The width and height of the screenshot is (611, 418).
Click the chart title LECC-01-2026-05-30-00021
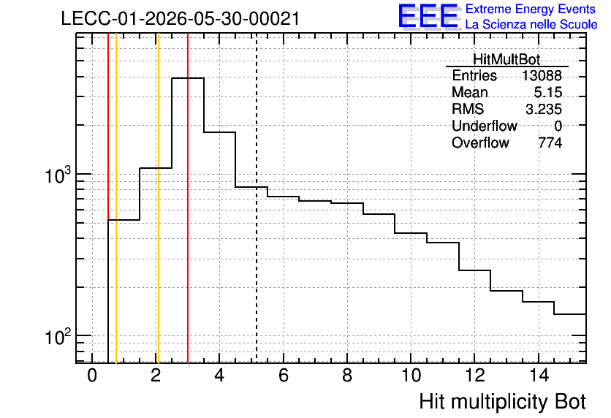[x=181, y=18]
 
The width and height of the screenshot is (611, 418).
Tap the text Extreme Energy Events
[x=531, y=9]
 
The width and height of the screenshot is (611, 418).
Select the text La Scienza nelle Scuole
[x=531, y=25]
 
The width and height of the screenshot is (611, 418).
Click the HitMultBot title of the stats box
[x=506, y=59]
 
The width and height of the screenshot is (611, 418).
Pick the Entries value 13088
[x=542, y=75]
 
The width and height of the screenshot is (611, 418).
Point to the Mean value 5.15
[x=548, y=92]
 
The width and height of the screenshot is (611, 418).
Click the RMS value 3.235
[x=544, y=109]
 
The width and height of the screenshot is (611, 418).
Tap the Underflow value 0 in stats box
[x=558, y=126]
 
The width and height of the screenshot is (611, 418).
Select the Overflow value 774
[x=550, y=142]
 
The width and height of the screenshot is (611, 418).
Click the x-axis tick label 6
[x=284, y=376]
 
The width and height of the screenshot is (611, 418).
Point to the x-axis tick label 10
[x=411, y=376]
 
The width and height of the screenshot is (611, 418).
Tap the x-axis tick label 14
[x=539, y=376]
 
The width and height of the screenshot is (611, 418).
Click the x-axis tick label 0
[x=92, y=376]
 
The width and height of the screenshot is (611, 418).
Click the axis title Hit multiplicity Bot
[x=502, y=402]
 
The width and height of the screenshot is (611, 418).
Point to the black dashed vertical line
[x=257, y=198]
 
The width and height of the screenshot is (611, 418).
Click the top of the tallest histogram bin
[x=188, y=78]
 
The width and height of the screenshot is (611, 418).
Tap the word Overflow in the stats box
[x=480, y=142]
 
